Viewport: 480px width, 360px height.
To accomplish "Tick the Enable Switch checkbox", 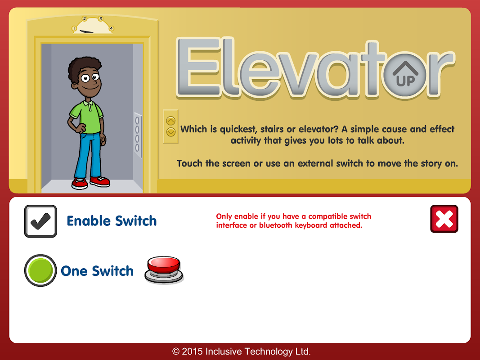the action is point(40,221).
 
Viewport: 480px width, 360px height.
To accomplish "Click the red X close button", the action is point(444,219).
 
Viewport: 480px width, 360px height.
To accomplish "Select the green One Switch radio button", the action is point(40,270).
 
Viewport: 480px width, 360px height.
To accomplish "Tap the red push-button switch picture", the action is point(164,270).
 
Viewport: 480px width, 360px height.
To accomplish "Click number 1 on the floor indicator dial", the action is point(74,28).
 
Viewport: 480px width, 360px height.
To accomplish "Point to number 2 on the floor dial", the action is point(85,18).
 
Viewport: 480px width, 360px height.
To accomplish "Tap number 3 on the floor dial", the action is point(100,18).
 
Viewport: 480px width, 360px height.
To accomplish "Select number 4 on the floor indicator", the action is point(111,28).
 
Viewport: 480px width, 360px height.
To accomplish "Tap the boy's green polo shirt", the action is point(87,117).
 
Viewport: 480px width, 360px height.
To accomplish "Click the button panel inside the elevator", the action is point(138,135).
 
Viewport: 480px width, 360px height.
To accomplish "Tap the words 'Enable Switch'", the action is point(112,221).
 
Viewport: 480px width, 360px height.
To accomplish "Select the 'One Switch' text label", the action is point(97,271).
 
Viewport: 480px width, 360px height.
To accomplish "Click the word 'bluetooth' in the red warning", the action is point(275,225).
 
